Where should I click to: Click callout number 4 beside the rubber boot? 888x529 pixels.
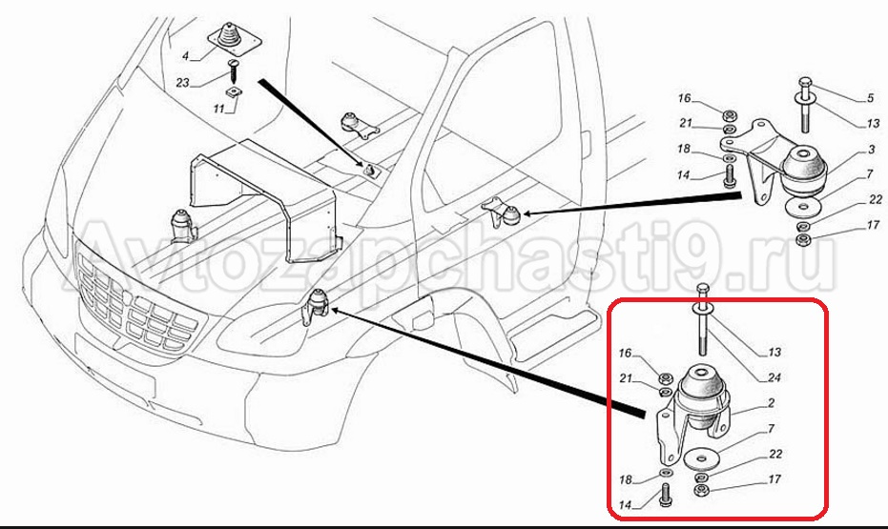[x=185, y=56]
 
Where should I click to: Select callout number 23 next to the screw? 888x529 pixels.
[x=182, y=83]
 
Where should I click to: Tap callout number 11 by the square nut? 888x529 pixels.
[x=219, y=108]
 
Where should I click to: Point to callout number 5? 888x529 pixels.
[x=870, y=98]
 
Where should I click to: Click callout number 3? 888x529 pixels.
[x=872, y=150]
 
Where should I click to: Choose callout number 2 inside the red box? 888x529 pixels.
[x=772, y=403]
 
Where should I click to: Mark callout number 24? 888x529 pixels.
[x=774, y=377]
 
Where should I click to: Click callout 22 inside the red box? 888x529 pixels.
[x=775, y=455]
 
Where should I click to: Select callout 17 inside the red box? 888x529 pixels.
[x=774, y=479]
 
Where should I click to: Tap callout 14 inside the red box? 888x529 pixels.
[x=626, y=505]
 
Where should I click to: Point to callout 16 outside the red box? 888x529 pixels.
[x=685, y=98]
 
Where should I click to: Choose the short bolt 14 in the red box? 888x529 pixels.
[x=666, y=495]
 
